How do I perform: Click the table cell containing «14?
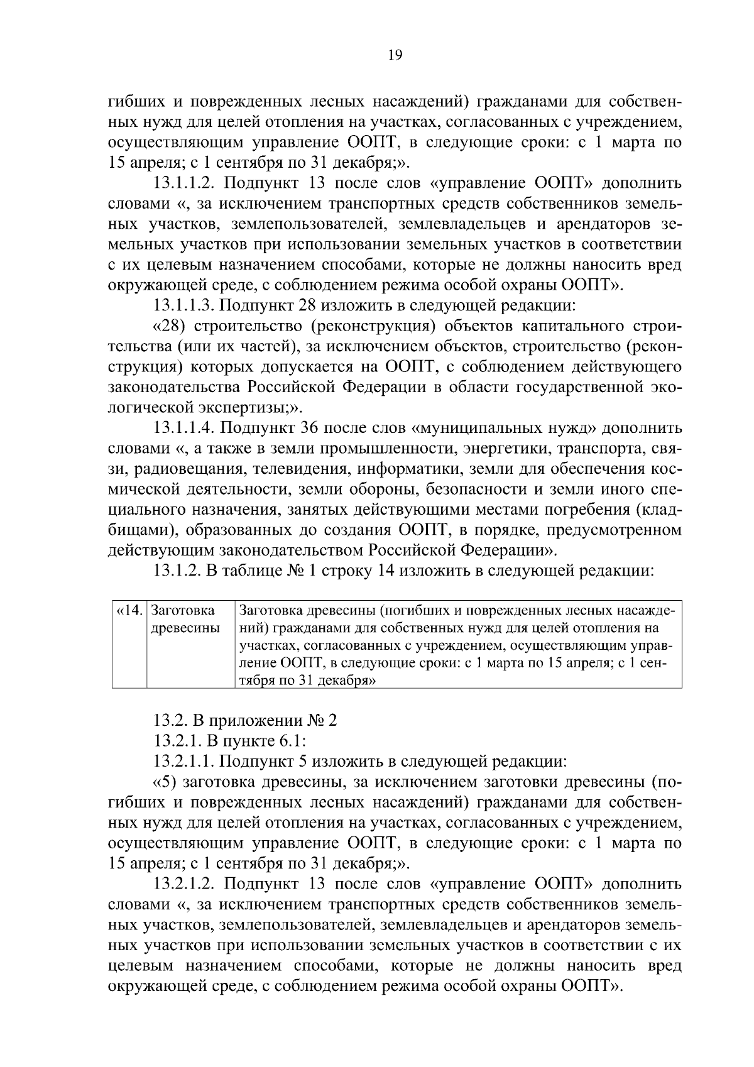coord(129,610)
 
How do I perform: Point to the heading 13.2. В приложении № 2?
coord(245,721)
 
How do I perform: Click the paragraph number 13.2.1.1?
coord(183,762)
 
